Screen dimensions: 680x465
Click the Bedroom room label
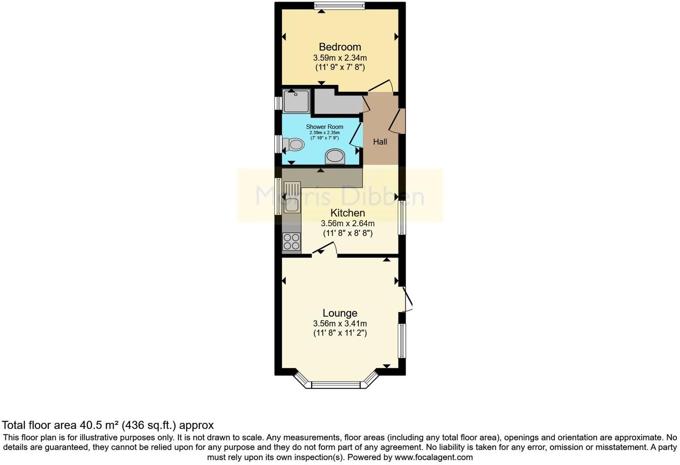tap(340, 47)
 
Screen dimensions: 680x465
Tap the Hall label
tap(380, 142)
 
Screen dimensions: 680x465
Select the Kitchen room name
tap(348, 213)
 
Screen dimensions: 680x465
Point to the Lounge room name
tap(340, 313)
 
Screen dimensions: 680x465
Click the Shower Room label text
tap(324, 127)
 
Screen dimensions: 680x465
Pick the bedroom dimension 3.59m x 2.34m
tap(340, 58)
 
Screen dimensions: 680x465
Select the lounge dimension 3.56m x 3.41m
tap(340, 324)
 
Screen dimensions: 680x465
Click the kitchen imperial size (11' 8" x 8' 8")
tap(348, 233)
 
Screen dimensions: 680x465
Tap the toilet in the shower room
tap(293, 145)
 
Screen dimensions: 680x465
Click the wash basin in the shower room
tap(335, 156)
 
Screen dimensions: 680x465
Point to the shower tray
tap(296, 101)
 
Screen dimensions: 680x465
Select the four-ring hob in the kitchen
tap(291, 242)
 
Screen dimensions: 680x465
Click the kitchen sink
tap(292, 197)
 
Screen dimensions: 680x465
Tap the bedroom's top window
tap(339, 5)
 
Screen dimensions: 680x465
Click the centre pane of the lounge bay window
tap(336, 385)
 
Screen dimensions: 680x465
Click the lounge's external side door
tap(408, 299)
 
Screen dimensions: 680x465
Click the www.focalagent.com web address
tap(433, 457)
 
